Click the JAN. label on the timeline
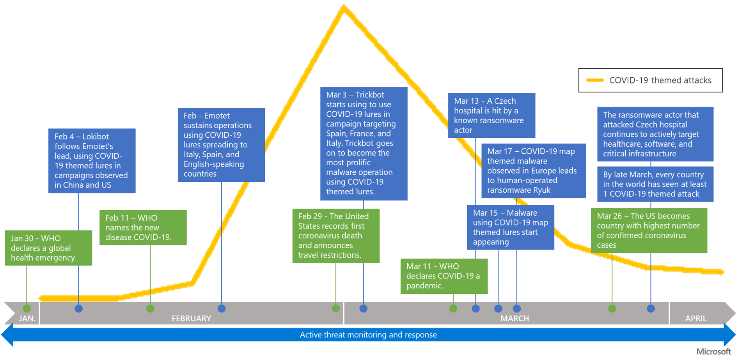point(27,318)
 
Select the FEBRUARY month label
point(191,318)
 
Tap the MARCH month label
point(514,318)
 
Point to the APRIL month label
point(695,318)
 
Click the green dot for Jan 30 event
point(27,309)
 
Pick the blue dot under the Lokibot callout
point(79,309)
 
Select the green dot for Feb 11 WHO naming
point(150,309)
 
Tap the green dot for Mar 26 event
point(612,309)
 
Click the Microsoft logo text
point(713,351)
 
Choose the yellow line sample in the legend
point(595,80)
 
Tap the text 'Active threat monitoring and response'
point(368,335)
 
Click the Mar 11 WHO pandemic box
point(444,276)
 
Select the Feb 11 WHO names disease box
point(143,227)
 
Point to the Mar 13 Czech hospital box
point(491,115)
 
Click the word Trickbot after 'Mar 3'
point(370,95)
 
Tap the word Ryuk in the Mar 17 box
point(541,190)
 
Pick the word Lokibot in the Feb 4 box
point(96,137)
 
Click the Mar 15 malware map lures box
point(511,227)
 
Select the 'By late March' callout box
point(655,184)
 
